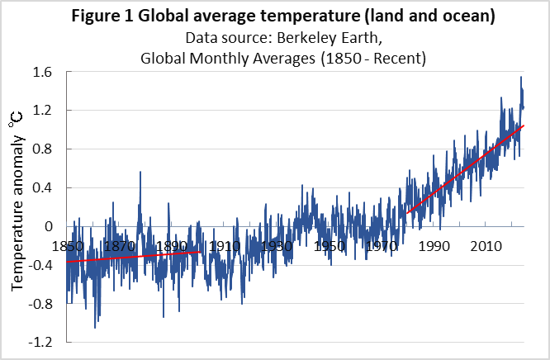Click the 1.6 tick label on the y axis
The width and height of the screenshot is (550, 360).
[x=43, y=72]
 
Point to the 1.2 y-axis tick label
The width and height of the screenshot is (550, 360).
[x=43, y=111]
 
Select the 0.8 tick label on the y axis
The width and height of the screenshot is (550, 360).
[x=43, y=149]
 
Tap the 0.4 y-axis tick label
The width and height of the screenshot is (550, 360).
[x=43, y=187]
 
